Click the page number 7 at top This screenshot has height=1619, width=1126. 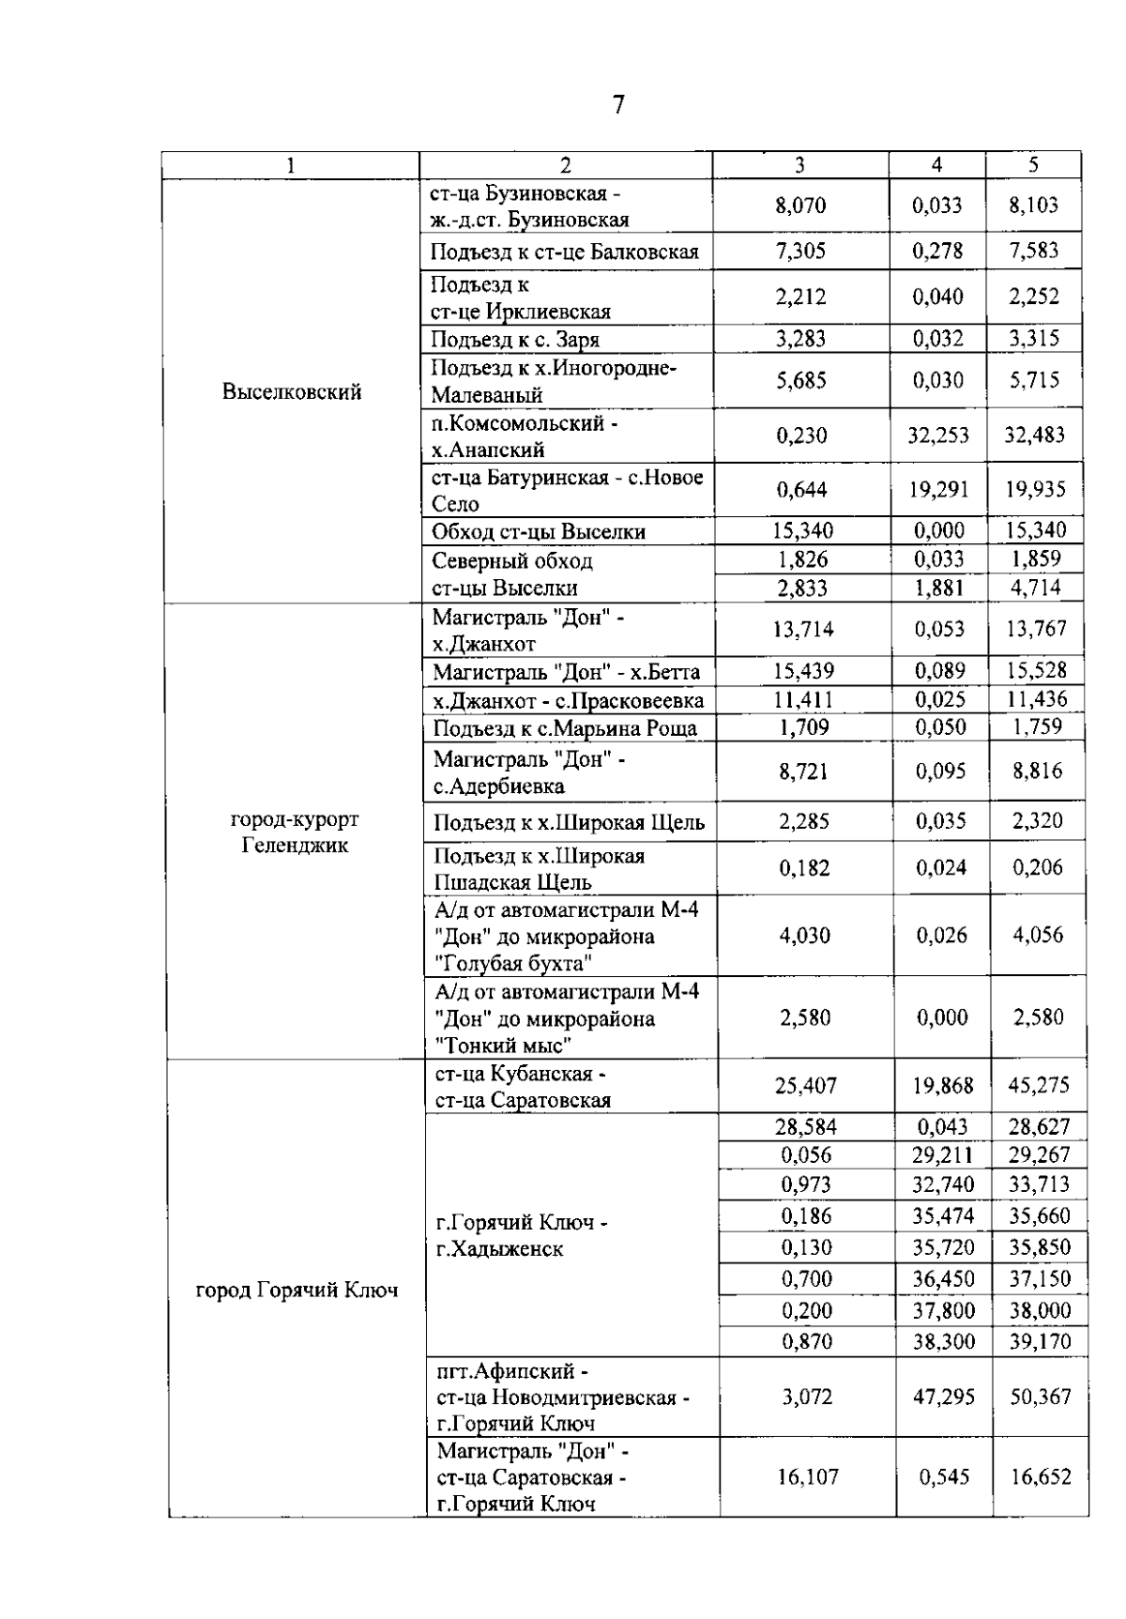618,104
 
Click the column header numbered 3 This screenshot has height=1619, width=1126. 799,165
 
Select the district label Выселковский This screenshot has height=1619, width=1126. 292,392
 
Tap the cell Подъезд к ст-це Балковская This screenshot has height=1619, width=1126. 565,252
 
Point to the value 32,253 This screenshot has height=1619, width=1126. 937,435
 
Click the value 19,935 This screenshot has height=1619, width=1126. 1034,489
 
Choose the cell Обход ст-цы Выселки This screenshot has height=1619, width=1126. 539,532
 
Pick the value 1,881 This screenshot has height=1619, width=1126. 938,588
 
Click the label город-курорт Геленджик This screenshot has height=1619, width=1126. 295,832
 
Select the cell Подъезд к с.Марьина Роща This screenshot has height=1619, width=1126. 565,728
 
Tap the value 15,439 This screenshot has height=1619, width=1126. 803,671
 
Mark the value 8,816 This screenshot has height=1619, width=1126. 1037,771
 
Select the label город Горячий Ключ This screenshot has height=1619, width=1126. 297,1291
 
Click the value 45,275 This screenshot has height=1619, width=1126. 1039,1085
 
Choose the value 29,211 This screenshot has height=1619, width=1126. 942,1155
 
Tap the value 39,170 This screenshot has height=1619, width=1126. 1040,1341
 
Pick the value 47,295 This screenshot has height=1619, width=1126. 943,1398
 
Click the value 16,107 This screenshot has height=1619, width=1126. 807,1477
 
